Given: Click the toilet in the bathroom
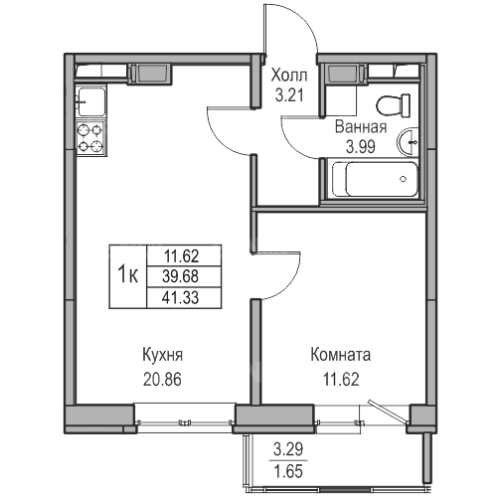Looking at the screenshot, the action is [394, 105].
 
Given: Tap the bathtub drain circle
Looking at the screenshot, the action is [404, 179].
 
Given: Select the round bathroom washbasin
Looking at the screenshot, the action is [408, 142].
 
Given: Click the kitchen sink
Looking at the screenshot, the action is [91, 101].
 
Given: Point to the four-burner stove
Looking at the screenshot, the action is [90, 138].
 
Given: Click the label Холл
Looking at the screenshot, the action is [289, 76].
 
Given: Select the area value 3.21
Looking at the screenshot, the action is [289, 95].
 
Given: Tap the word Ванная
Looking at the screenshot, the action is [361, 127].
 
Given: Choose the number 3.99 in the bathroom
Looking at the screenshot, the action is [361, 147].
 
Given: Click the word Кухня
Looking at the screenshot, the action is [162, 355].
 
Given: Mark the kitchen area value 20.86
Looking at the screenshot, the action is [162, 380].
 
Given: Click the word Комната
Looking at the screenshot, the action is [341, 355].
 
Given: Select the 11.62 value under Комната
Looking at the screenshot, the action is [341, 380].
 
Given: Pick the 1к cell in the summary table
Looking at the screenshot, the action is [128, 276].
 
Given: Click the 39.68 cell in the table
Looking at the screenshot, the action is [184, 276].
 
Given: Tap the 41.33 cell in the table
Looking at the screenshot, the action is [184, 297].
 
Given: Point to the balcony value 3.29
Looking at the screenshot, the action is [288, 450].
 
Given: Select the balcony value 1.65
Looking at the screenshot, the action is [288, 471].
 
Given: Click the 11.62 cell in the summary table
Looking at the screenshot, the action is [184, 255].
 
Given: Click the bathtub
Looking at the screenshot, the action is [375, 179].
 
